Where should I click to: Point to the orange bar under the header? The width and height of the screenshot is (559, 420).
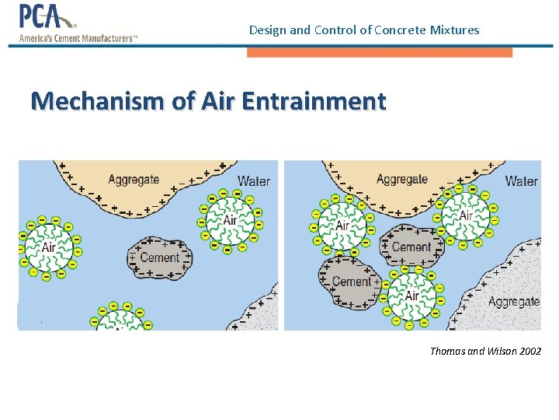[x=380, y=52]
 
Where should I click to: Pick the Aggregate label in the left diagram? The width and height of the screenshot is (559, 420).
[x=133, y=180]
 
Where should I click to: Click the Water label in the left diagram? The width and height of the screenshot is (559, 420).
[x=253, y=181]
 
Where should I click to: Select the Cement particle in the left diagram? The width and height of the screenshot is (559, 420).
[x=160, y=257]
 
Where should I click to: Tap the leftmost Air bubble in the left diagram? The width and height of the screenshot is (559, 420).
[x=48, y=247]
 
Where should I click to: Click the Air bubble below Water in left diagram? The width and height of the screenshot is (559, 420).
[x=230, y=219]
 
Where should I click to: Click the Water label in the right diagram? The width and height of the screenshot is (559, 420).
[x=521, y=181]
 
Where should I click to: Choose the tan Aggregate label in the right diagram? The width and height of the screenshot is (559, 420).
[x=401, y=179]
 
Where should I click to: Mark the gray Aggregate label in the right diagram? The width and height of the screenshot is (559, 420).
[x=513, y=301]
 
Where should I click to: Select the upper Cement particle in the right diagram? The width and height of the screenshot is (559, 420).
[x=411, y=247]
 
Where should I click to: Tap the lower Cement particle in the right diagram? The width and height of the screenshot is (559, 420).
[x=351, y=282]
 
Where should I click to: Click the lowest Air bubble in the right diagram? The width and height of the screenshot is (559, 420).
[x=411, y=296]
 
